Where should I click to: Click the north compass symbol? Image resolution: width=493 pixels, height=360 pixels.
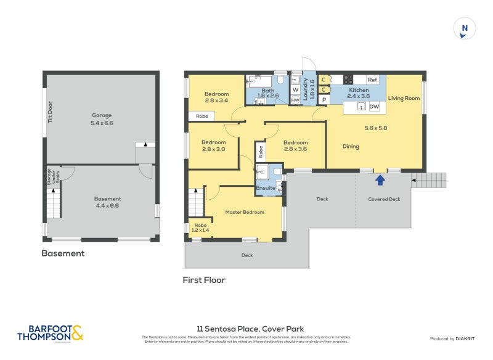[x=465, y=29]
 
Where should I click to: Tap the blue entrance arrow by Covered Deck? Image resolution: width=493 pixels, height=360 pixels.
[x=380, y=180]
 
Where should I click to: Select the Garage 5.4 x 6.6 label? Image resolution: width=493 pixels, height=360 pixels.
[x=103, y=119]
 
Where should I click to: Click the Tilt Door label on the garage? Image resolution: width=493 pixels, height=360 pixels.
[x=51, y=113]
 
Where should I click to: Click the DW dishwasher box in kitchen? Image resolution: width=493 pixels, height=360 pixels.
[x=373, y=107]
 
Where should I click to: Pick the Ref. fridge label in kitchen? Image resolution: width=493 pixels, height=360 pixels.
[x=372, y=80]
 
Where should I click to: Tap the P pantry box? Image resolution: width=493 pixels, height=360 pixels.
[x=324, y=100]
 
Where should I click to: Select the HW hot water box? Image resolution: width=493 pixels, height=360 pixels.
[x=295, y=100]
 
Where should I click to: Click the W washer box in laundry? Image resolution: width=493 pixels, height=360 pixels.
[x=295, y=89]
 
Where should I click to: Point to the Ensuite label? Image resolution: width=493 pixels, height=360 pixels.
[x=266, y=187]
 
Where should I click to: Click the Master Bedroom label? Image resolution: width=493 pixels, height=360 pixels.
[x=245, y=212]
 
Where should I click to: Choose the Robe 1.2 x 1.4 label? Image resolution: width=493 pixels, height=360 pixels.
[x=200, y=227]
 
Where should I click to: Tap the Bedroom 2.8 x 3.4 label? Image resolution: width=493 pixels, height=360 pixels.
[x=216, y=97]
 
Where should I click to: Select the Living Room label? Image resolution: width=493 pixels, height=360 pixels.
[x=404, y=98]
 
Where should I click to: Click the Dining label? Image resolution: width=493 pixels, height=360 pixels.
[x=351, y=147]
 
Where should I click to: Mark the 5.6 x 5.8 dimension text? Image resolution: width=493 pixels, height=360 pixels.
[x=375, y=128]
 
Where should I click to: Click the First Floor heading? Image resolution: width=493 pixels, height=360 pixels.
[x=204, y=280]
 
